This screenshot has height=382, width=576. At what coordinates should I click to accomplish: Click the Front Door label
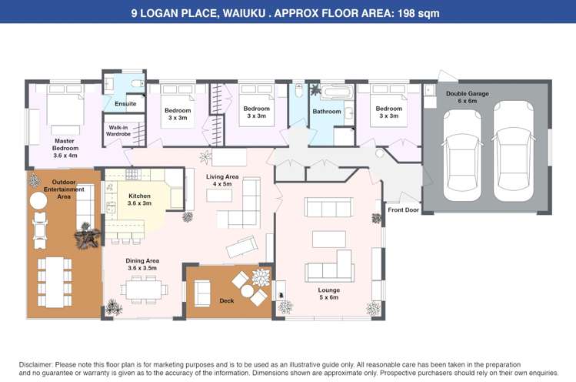click(x=403, y=209)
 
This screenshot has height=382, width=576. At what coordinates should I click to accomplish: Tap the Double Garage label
click(x=468, y=97)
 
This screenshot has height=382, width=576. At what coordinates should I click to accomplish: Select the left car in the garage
click(x=461, y=156)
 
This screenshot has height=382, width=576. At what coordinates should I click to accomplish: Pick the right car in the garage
click(x=513, y=151)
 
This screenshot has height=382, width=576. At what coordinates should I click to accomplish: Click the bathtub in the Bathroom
click(x=338, y=92)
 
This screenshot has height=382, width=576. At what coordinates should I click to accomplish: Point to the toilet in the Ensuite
click(x=138, y=83)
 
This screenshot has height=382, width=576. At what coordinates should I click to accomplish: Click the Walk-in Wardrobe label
click(x=118, y=131)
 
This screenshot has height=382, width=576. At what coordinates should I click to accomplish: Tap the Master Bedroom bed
click(x=65, y=109)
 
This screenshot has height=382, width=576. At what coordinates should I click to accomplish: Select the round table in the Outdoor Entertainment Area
click(x=38, y=201)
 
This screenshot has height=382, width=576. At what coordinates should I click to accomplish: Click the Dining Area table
click(x=144, y=290)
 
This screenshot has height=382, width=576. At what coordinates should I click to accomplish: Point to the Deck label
click(x=227, y=300)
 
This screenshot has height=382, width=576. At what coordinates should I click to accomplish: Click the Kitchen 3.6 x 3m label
click(x=140, y=199)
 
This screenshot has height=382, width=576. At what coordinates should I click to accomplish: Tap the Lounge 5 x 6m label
click(x=329, y=293)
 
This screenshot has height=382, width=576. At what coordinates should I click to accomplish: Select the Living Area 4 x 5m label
click(x=222, y=180)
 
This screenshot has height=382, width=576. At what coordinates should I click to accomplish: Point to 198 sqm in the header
click(x=419, y=14)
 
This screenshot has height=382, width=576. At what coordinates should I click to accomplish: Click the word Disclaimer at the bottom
click(x=36, y=365)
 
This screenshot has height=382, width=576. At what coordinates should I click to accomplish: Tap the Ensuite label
click(x=125, y=104)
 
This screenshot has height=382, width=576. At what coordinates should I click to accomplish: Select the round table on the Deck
click(x=247, y=290)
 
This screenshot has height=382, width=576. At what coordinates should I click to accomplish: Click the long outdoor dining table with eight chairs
click(x=55, y=283)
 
